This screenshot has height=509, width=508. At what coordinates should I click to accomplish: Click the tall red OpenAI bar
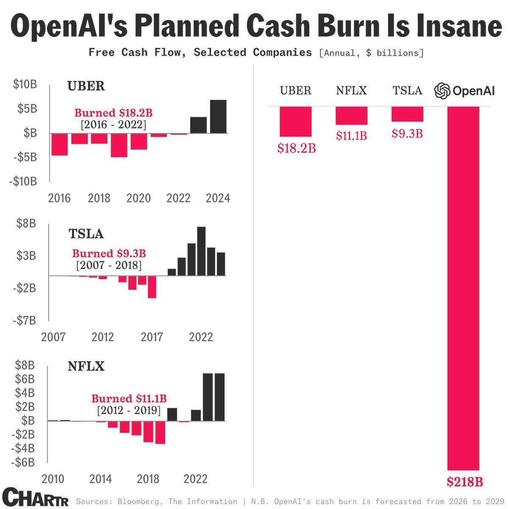pyautogui.click(x=463, y=288)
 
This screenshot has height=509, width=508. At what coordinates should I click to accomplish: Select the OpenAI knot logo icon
pyautogui.click(x=442, y=91)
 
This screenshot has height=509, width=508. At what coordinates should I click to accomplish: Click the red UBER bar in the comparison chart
pyautogui.click(x=295, y=121)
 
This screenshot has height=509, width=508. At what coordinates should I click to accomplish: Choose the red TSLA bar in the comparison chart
pyautogui.click(x=407, y=114)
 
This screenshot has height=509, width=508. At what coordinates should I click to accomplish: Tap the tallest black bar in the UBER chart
pyautogui.click(x=219, y=117)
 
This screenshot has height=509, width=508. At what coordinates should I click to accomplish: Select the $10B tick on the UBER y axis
pyautogui.click(x=25, y=84)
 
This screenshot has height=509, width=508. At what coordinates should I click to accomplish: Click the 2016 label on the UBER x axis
pyautogui.click(x=59, y=198)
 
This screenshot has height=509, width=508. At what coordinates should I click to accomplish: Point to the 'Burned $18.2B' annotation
pyautogui.click(x=113, y=113)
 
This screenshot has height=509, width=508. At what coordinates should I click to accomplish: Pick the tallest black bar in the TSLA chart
pyautogui.click(x=201, y=251)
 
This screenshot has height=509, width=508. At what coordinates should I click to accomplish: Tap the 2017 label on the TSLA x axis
pyautogui.click(x=152, y=337)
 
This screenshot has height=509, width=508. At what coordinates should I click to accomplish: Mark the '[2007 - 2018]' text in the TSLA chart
pyautogui.click(x=109, y=265)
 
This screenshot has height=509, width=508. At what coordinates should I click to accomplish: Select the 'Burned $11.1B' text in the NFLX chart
pyautogui.click(x=129, y=399)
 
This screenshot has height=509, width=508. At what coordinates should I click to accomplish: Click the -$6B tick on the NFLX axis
pyautogui.click(x=24, y=462)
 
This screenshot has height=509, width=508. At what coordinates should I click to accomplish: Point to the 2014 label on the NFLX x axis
pyautogui.click(x=101, y=479)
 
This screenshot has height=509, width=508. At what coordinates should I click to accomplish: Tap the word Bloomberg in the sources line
pyautogui.click(x=138, y=502)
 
